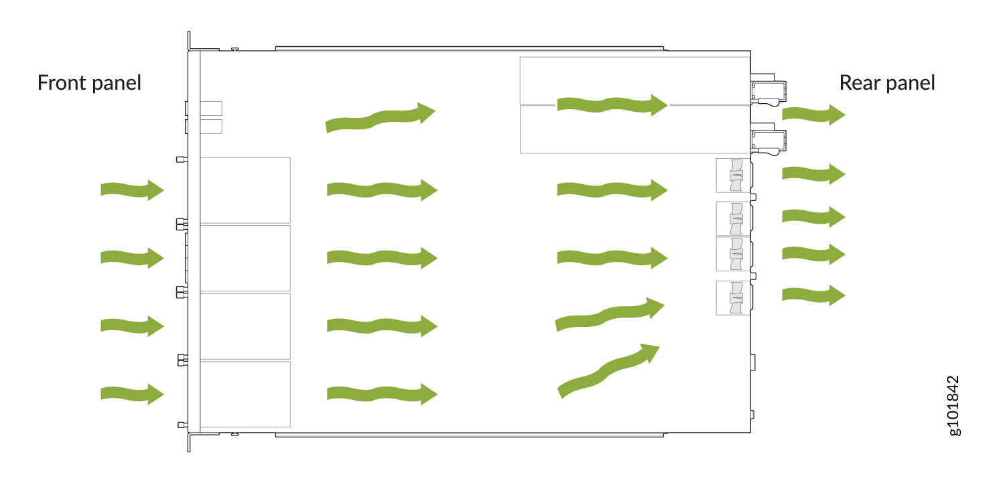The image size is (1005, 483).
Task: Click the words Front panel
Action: tap(89, 83)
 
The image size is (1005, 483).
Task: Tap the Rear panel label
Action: tap(887, 83)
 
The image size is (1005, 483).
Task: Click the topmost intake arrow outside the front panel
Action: tap(133, 190)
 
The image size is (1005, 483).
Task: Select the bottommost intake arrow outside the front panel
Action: tap(133, 394)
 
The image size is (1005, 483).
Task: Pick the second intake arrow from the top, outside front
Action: tap(133, 258)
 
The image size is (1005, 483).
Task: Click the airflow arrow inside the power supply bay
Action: tap(612, 105)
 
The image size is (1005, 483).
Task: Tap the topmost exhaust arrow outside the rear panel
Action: tap(813, 115)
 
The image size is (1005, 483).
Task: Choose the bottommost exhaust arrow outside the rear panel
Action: tap(813, 295)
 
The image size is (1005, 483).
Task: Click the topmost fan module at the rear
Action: tap(734, 176)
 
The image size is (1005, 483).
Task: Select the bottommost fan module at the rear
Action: tap(734, 298)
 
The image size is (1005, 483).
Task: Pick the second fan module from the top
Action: tap(734, 219)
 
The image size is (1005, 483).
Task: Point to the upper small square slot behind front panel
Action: tap(211, 109)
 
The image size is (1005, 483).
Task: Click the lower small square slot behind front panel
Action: tap(211, 127)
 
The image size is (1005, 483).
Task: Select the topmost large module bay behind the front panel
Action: tap(245, 190)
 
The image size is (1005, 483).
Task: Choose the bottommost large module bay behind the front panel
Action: tap(245, 394)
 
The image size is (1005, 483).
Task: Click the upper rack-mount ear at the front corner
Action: tap(190, 42)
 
